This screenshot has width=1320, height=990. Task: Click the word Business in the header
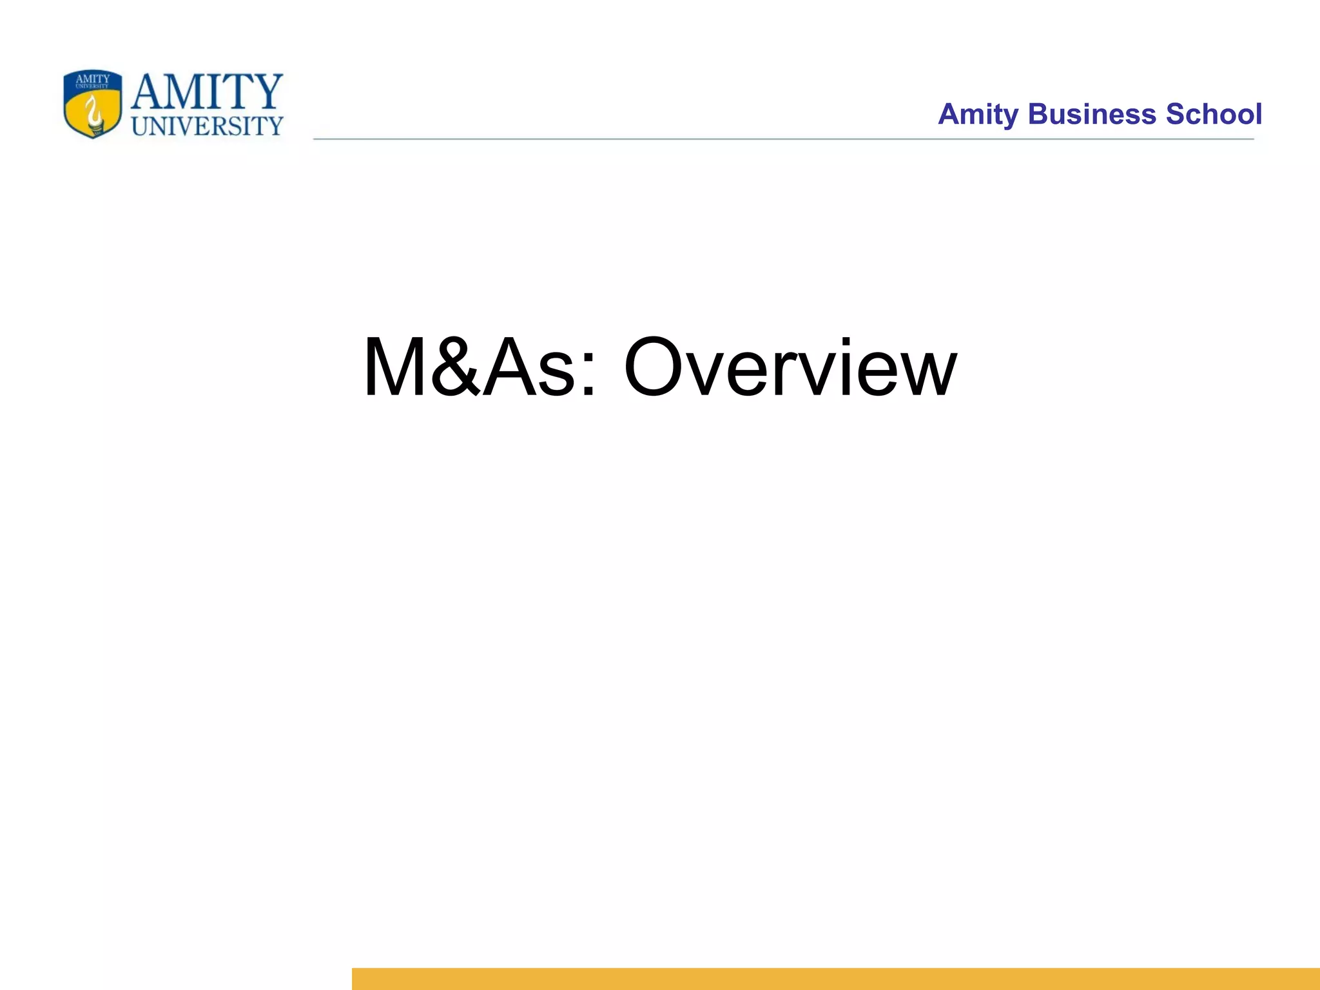tap(1092, 114)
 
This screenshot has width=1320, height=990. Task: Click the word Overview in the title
tap(790, 369)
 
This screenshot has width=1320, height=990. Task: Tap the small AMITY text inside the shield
tap(93, 79)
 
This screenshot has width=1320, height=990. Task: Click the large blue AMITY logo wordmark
tap(206, 92)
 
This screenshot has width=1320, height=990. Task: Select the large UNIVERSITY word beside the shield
tap(207, 126)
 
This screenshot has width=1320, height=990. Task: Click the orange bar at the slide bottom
tap(835, 978)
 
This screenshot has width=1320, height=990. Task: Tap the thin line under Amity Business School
tap(783, 139)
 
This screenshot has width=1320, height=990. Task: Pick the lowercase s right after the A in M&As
tap(555, 377)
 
